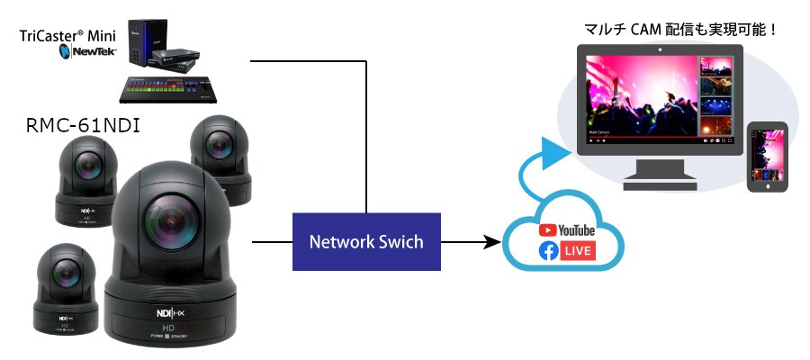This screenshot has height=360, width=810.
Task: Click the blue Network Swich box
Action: [x=366, y=242]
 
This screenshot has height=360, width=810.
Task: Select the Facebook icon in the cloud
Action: [x=548, y=251]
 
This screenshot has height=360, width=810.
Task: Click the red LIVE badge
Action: [x=578, y=251]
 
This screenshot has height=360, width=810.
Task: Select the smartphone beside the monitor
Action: [x=768, y=156]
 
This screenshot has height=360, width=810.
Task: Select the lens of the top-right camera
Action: [x=220, y=143]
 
